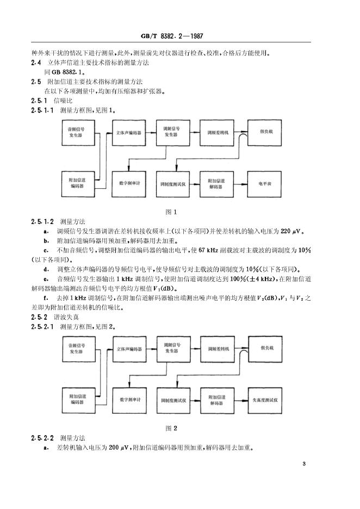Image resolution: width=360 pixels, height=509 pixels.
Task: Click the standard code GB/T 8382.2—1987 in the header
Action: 172,36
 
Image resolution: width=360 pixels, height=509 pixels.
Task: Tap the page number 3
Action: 304,464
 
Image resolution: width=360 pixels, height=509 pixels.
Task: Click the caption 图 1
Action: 171,212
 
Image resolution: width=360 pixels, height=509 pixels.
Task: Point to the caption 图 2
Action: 171,428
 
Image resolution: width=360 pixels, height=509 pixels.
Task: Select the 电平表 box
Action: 265,184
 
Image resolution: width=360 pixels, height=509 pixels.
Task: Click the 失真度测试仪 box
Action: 265,401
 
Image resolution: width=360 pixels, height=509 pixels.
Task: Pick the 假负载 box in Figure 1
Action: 265,133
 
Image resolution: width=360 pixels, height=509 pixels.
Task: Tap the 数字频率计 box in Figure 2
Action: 129,400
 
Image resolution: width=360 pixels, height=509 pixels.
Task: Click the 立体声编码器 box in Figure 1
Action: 129,133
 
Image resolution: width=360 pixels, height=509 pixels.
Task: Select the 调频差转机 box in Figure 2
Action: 218,349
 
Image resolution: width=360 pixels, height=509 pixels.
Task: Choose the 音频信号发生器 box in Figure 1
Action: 78,133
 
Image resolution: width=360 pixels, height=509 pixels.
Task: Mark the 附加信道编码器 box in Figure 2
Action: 79,400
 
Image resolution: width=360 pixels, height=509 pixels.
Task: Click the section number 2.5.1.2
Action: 42,222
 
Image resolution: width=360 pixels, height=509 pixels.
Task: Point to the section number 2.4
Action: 36,63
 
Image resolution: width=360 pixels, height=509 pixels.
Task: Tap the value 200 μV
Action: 119,448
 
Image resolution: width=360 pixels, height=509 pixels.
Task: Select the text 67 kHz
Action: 208,250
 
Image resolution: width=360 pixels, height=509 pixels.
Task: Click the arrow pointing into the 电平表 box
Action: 240,184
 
